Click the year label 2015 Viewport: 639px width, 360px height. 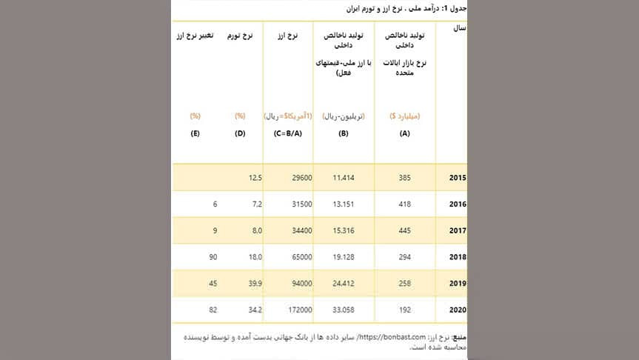tap(458, 179)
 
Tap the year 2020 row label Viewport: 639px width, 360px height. tap(458, 309)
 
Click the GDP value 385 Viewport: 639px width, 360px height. tap(404, 179)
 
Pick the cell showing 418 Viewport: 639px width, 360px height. tap(404, 204)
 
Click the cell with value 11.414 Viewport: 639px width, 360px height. tap(345, 179)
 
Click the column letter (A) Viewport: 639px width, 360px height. tap(404, 133)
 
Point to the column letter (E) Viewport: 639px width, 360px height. tap(195, 133)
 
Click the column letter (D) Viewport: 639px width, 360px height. tap(240, 133)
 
